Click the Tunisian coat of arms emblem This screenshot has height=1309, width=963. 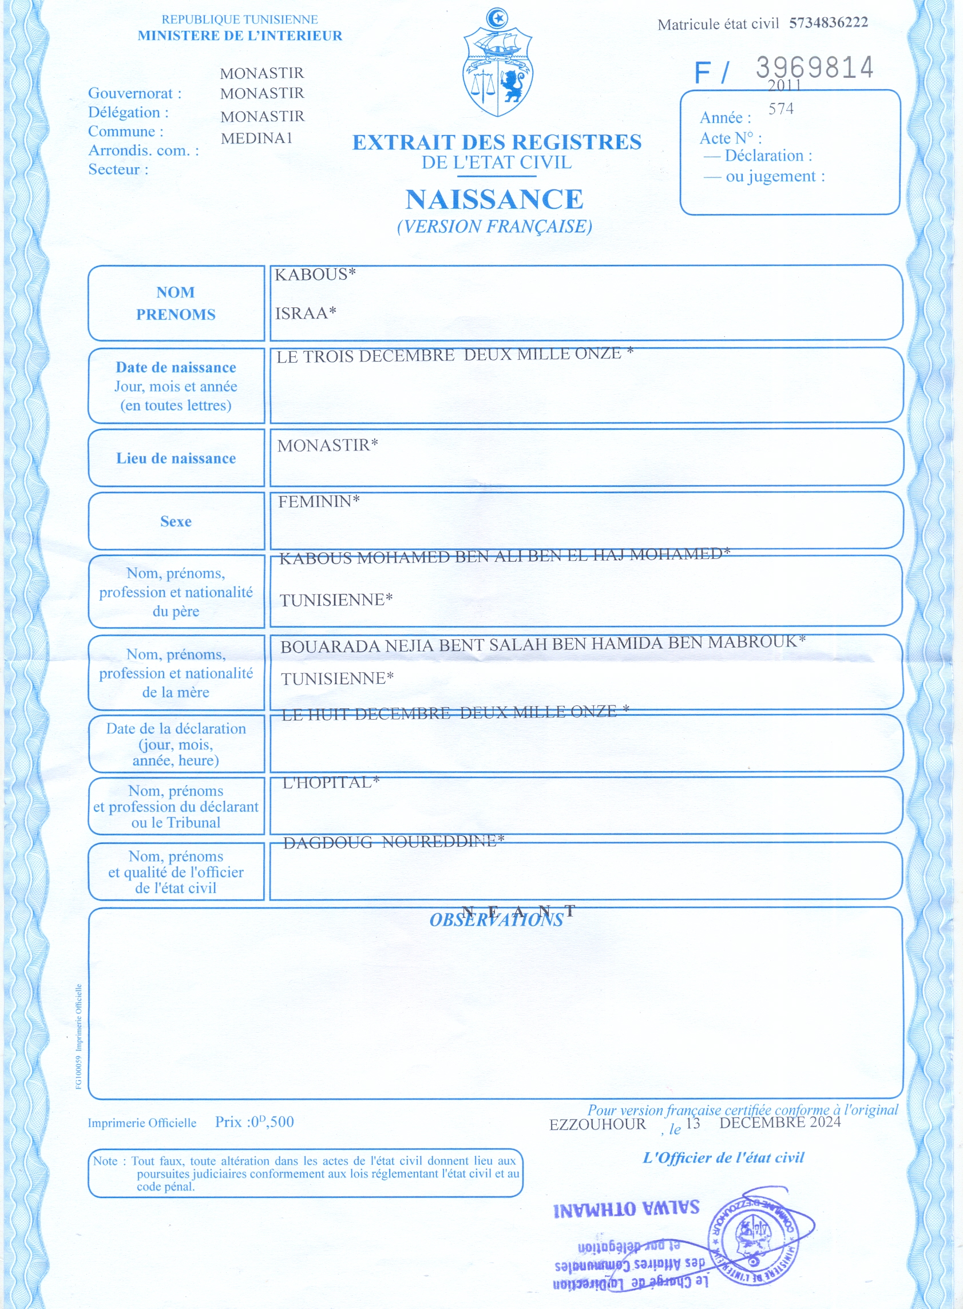click(x=497, y=64)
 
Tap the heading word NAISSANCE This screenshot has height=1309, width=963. click(x=494, y=199)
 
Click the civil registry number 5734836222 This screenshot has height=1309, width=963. click(x=829, y=23)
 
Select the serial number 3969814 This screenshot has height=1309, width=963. click(x=814, y=68)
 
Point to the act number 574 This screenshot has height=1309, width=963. click(x=780, y=109)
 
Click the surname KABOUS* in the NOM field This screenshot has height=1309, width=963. click(x=315, y=274)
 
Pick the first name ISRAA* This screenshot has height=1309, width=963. click(x=306, y=313)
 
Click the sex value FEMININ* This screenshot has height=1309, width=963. click(x=318, y=501)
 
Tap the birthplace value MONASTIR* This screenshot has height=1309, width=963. click(x=328, y=445)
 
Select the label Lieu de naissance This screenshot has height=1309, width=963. click(x=176, y=458)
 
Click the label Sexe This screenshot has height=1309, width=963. click(x=176, y=521)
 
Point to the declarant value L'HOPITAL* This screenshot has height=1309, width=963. click(x=331, y=782)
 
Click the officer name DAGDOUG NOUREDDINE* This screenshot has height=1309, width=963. click(x=394, y=842)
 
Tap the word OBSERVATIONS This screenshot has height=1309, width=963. click(x=496, y=920)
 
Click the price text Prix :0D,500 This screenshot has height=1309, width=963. click(x=254, y=1122)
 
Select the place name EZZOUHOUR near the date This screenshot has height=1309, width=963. click(x=597, y=1124)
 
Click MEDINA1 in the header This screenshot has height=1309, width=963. click(x=256, y=138)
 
